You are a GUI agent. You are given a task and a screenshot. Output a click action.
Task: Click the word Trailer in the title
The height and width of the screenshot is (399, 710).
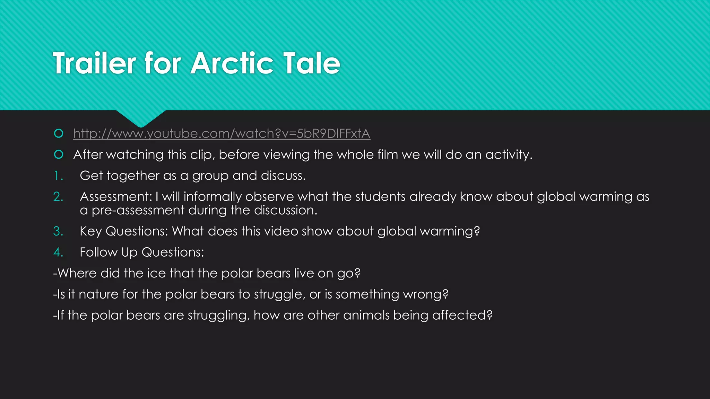[94, 63]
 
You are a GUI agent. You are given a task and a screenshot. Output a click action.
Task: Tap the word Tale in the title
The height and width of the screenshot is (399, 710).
[312, 63]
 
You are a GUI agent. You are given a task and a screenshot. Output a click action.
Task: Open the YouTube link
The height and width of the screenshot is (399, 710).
[222, 134]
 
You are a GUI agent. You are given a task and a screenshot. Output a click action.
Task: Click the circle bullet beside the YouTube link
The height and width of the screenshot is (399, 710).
[59, 133]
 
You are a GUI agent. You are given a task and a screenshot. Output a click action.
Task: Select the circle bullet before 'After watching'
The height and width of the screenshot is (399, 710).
[59, 154]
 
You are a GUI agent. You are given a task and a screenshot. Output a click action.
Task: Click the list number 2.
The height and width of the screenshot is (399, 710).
[58, 197]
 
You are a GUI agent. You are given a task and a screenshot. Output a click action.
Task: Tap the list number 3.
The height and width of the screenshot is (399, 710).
[58, 231]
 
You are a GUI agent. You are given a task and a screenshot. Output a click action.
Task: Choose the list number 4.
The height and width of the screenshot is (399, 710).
[58, 252]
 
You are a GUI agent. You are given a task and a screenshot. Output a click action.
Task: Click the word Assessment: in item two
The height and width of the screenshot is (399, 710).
[116, 197]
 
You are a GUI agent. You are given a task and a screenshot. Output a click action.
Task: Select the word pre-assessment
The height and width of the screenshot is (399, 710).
[138, 211]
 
